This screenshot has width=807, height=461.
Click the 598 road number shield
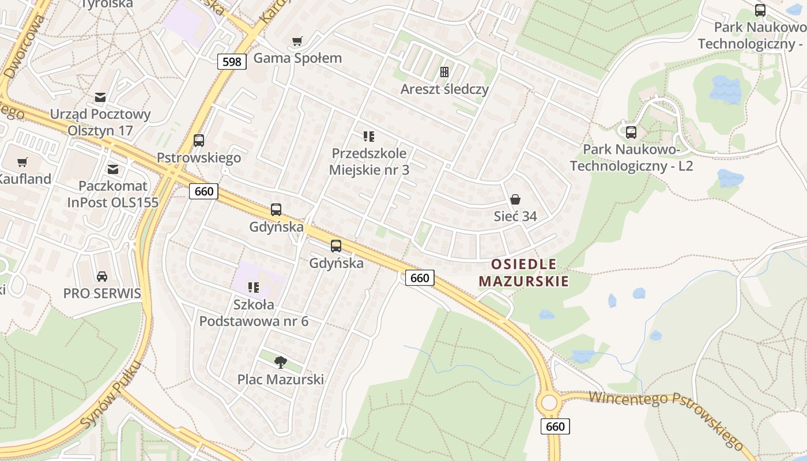pyautogui.click(x=232, y=62)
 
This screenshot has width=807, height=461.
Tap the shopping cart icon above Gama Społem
pyautogui.click(x=297, y=41)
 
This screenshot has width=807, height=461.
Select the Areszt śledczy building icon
pyautogui.click(x=444, y=72)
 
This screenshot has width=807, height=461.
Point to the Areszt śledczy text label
pyautogui.click(x=444, y=89)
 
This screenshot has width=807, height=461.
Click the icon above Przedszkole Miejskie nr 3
pyautogui.click(x=369, y=137)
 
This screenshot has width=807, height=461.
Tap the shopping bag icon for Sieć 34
pyautogui.click(x=515, y=199)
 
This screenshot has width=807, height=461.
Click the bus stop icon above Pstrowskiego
pyautogui.click(x=199, y=140)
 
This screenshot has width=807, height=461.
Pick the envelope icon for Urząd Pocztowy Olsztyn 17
pyautogui.click(x=101, y=97)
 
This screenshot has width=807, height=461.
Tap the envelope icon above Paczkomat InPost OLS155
pyautogui.click(x=113, y=169)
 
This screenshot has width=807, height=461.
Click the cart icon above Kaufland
pyautogui.click(x=22, y=162)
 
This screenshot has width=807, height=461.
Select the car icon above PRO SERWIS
pyautogui.click(x=102, y=276)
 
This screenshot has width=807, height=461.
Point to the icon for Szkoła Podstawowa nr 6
pyautogui.click(x=254, y=287)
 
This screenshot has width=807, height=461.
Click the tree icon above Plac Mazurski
pyautogui.click(x=281, y=362)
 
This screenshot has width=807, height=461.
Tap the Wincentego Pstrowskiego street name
pyautogui.click(x=666, y=414)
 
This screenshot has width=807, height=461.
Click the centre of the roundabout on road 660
pyautogui.click(x=549, y=402)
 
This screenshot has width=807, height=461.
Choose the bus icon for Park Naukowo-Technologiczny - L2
pyautogui.click(x=631, y=133)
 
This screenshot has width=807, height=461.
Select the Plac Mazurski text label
pyautogui.click(x=281, y=380)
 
